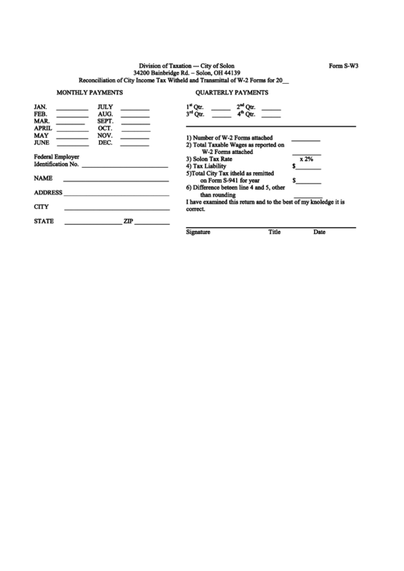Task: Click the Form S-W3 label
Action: pyautogui.click(x=343, y=66)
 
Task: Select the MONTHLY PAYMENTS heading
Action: pyautogui.click(x=90, y=92)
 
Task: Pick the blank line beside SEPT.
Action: pyautogui.click(x=135, y=123)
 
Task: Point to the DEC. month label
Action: pyautogui.click(x=105, y=143)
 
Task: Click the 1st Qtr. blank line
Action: pyautogui.click(x=220, y=108)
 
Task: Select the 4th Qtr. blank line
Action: pyautogui.click(x=271, y=116)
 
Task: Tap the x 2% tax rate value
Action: pyautogui.click(x=306, y=159)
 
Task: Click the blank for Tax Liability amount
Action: pyautogui.click(x=308, y=167)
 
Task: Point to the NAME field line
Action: pyautogui.click(x=117, y=180)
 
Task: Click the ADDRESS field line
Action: pyautogui.click(x=117, y=194)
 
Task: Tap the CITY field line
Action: pyautogui.click(x=117, y=209)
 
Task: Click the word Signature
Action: pyautogui.click(x=197, y=232)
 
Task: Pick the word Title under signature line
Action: pyautogui.click(x=274, y=232)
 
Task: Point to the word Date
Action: pyautogui.click(x=319, y=232)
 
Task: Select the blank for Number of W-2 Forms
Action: pyautogui.click(x=306, y=140)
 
